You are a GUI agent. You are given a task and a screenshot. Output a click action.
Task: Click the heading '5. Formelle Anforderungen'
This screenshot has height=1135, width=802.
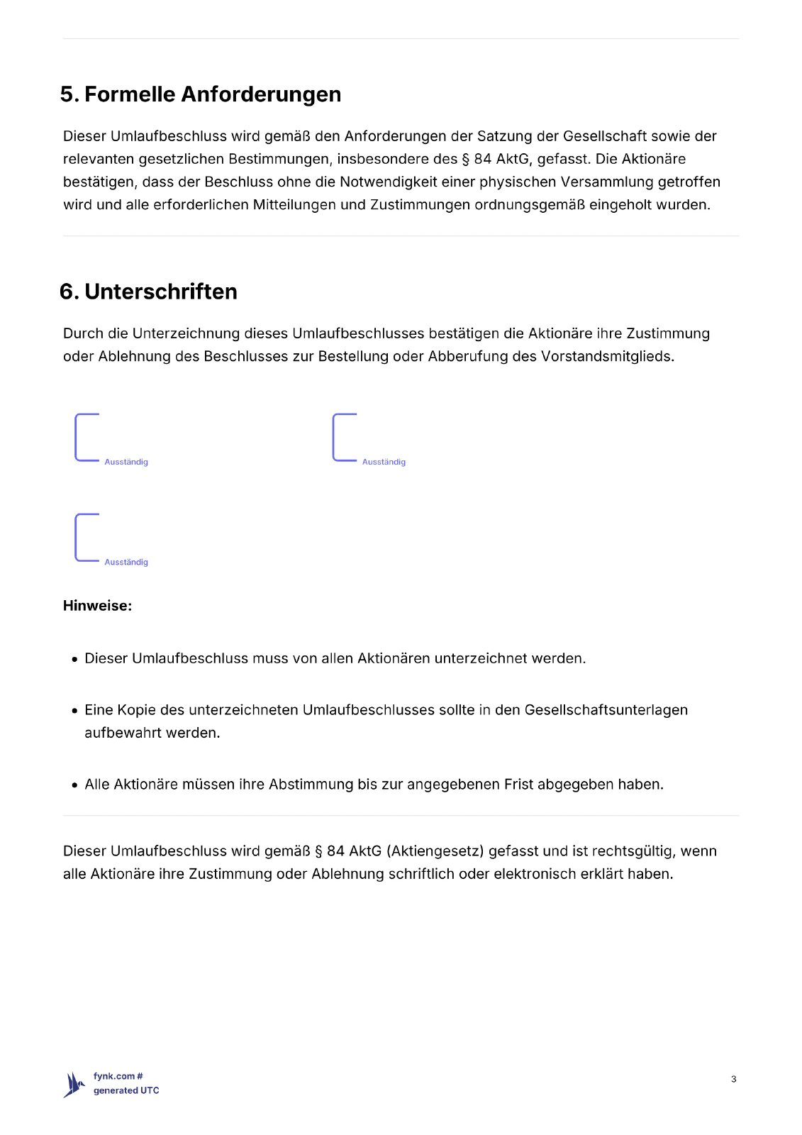click(x=201, y=94)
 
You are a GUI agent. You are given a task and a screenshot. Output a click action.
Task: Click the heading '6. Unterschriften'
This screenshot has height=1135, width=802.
click(x=149, y=292)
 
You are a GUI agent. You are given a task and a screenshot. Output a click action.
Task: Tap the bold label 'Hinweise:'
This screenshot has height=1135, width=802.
click(x=97, y=606)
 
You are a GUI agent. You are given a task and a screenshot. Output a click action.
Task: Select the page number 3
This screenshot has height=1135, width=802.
click(x=733, y=1079)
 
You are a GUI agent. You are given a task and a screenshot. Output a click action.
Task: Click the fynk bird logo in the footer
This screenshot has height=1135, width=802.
click(x=74, y=1084)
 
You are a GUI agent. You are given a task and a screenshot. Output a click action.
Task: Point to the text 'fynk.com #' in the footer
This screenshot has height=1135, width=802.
click(x=118, y=1076)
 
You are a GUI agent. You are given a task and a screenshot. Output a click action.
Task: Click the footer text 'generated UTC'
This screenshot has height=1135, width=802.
click(x=126, y=1090)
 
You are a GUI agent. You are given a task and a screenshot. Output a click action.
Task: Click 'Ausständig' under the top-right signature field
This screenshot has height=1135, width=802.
click(x=384, y=462)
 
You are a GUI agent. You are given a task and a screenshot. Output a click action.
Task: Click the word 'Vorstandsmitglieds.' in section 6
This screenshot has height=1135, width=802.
click(x=607, y=356)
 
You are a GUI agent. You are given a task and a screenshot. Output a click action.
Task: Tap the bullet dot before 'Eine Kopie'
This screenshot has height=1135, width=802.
click(x=74, y=711)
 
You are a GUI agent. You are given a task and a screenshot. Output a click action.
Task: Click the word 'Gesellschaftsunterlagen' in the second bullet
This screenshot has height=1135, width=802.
click(x=606, y=710)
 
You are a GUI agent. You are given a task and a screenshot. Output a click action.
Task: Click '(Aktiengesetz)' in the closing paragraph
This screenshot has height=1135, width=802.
click(x=435, y=851)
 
